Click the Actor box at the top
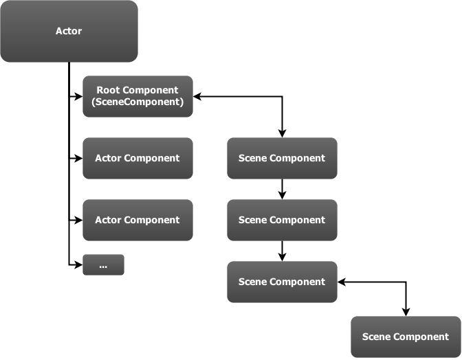pyautogui.click(x=69, y=31)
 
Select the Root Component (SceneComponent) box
pyautogui.click(x=137, y=96)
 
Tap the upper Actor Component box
pyautogui.click(x=137, y=158)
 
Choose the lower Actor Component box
pyautogui.click(x=137, y=220)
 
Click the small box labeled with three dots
pyautogui.click(x=103, y=265)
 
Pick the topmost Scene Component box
pyautogui.click(x=282, y=158)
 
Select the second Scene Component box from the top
pyautogui.click(x=282, y=220)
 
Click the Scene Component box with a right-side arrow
pyautogui.click(x=282, y=282)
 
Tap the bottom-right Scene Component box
pyautogui.click(x=406, y=337)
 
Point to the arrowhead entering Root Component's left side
pyautogui.click(x=79, y=97)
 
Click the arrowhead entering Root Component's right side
pyautogui.click(x=197, y=97)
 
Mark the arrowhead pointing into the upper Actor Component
pyautogui.click(x=79, y=158)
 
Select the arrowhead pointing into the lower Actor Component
pyautogui.click(x=79, y=220)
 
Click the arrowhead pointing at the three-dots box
pyautogui.click(x=79, y=265)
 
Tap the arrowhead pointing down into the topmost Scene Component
pyautogui.click(x=282, y=134)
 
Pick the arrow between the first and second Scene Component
pyautogui.click(x=282, y=190)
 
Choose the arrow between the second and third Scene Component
pyautogui.click(x=282, y=251)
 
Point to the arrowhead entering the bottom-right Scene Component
pyautogui.click(x=406, y=313)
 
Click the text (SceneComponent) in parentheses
pyautogui.click(x=137, y=102)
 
